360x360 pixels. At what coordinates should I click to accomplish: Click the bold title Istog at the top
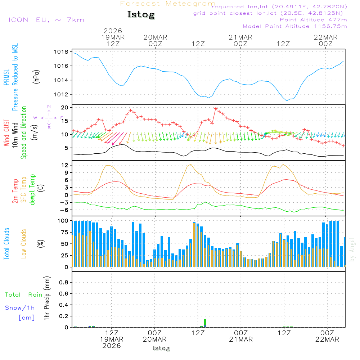[x=141, y=15]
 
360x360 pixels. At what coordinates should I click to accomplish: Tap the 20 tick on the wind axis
[x=65, y=108]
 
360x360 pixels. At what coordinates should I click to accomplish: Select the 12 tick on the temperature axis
[x=65, y=165]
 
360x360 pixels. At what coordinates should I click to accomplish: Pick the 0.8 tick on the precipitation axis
[x=63, y=283]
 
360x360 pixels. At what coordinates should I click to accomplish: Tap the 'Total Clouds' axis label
[x=7, y=244]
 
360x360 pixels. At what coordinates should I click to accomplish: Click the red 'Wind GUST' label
[x=7, y=133]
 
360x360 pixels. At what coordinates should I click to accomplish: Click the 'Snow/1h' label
[x=20, y=308]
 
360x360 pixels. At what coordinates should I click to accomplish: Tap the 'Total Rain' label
[x=23, y=294]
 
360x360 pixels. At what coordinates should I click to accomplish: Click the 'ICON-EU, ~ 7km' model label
[x=46, y=20]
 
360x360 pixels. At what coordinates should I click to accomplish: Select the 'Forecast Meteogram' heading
[x=168, y=4]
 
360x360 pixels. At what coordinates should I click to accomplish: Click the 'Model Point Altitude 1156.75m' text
[x=295, y=26]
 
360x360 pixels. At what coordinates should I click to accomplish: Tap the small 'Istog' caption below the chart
[x=161, y=348]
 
